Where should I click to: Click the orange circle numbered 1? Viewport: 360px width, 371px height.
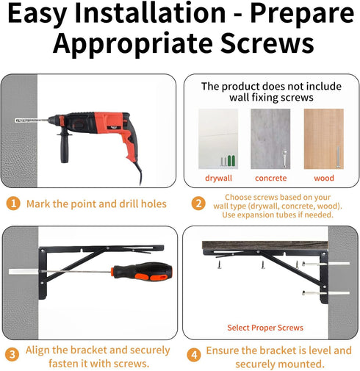13,203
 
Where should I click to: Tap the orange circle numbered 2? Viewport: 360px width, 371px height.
198,203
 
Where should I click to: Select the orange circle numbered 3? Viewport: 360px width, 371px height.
12,354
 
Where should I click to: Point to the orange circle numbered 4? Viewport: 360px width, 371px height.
194,355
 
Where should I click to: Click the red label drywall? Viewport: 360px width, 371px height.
218,178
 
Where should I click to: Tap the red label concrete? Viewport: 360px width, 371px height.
270,178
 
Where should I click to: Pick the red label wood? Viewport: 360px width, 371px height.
324,178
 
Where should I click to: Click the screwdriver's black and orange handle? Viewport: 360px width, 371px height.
142,271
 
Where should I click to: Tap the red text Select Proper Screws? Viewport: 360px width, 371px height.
265,328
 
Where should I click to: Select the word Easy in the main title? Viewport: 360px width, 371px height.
37,14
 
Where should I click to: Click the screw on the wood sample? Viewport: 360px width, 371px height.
338,157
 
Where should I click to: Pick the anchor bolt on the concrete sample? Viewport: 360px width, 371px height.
285,158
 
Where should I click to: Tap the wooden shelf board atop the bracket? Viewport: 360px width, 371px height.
265,245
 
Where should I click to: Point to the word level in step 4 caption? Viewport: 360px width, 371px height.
320,350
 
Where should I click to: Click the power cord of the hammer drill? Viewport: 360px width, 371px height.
138,173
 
